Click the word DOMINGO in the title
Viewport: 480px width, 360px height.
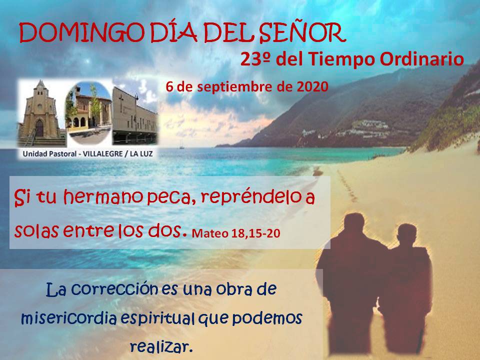pos(81,33)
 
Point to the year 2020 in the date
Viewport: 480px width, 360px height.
pos(312,87)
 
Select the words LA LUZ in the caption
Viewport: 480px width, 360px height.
pos(141,154)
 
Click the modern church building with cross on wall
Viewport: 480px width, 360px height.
pos(134,117)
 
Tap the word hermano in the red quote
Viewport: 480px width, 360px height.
pos(103,197)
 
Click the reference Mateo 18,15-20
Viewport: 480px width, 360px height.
pos(235,233)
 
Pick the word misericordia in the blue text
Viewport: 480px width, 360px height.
pos(69,318)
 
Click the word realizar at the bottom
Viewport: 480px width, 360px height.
pos(161,347)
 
